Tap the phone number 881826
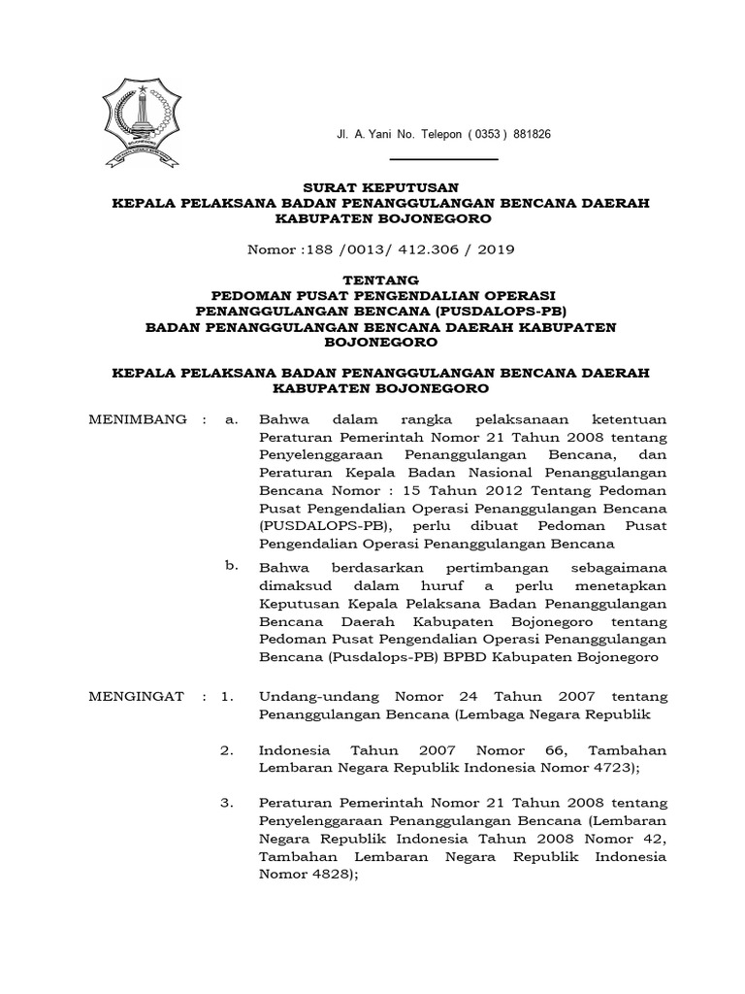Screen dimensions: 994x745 point(533,134)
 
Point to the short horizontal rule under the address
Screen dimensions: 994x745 point(442,158)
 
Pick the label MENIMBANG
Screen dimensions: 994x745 point(138,419)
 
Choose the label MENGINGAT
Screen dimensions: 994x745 point(139,697)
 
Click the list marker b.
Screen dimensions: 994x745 point(230,565)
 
